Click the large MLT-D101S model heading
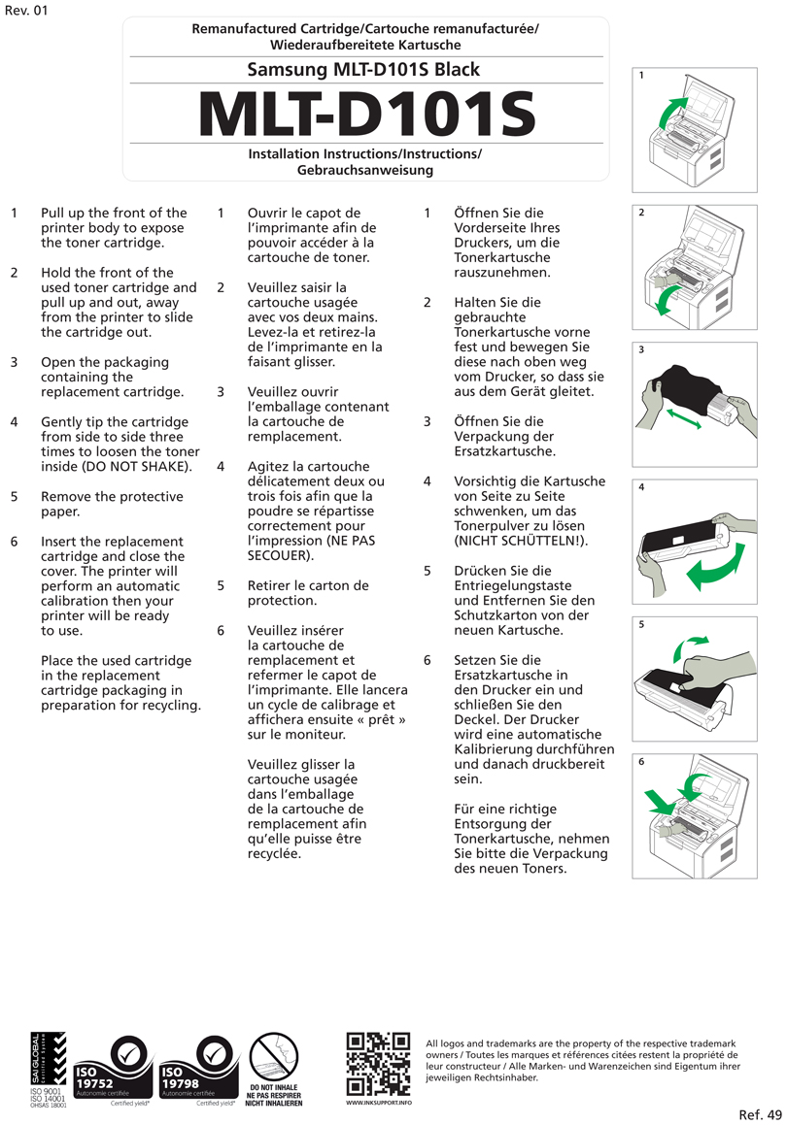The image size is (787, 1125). (366, 116)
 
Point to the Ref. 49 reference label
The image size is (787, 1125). (760, 1113)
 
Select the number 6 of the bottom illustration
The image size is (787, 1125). (641, 763)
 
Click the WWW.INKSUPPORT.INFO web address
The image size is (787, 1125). (378, 1103)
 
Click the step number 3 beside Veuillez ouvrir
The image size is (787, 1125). (222, 392)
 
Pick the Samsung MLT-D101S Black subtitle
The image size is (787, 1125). (363, 70)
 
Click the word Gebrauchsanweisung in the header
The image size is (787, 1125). (364, 170)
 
